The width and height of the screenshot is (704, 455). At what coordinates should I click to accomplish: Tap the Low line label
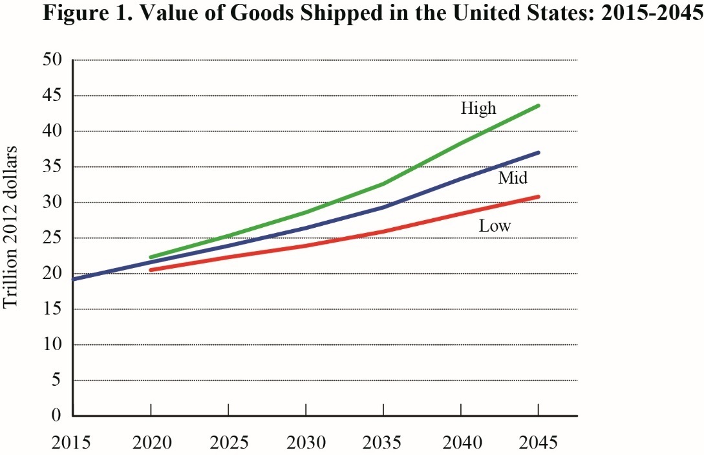pos(495,227)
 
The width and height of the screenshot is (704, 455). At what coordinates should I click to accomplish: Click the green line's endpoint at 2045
pos(538,105)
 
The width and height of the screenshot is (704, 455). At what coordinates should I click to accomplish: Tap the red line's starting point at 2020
pos(151,269)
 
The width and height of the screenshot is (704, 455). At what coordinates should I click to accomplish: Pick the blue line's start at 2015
pos(74,279)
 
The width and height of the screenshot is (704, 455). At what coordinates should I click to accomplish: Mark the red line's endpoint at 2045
pos(538,197)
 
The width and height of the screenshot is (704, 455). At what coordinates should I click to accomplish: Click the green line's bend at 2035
pos(383,184)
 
